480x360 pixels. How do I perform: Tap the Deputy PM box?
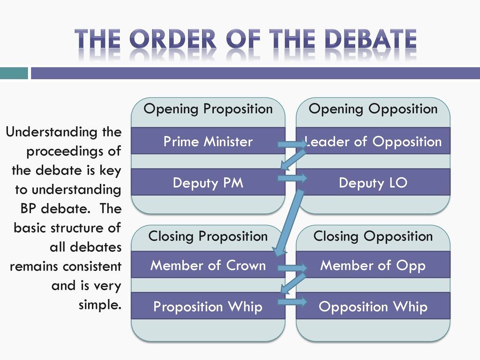click(x=208, y=182)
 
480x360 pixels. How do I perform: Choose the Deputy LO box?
click(x=373, y=182)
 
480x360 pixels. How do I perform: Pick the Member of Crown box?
click(x=208, y=265)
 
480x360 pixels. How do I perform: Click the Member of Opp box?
click(x=373, y=265)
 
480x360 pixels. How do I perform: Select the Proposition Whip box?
click(x=208, y=306)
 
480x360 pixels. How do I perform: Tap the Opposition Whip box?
click(x=373, y=306)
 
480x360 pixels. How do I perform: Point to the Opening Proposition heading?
click(x=208, y=109)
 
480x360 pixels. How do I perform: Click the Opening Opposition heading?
click(x=373, y=109)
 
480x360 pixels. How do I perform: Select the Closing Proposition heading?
click(x=208, y=237)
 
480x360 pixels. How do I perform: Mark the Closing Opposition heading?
click(x=373, y=237)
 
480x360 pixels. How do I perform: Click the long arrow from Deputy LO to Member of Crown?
click(x=287, y=224)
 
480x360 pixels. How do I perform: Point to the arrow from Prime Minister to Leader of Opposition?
click(x=292, y=144)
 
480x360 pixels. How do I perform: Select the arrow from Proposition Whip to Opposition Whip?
click(x=292, y=302)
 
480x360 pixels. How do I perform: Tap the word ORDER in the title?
click(x=173, y=39)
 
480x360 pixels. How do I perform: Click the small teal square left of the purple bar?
click(x=14, y=73)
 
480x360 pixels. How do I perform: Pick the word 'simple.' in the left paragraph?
click(x=100, y=305)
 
